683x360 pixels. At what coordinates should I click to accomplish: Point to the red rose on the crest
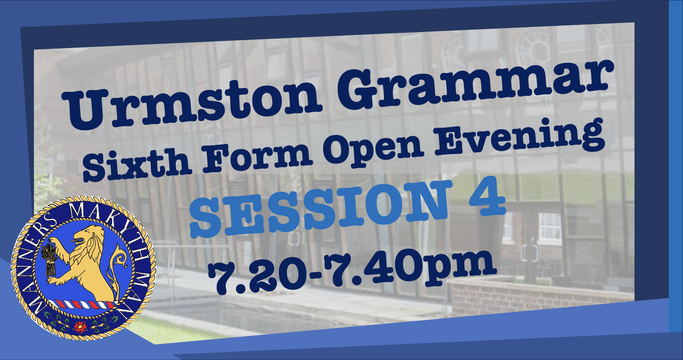pyautogui.click(x=80, y=327)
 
